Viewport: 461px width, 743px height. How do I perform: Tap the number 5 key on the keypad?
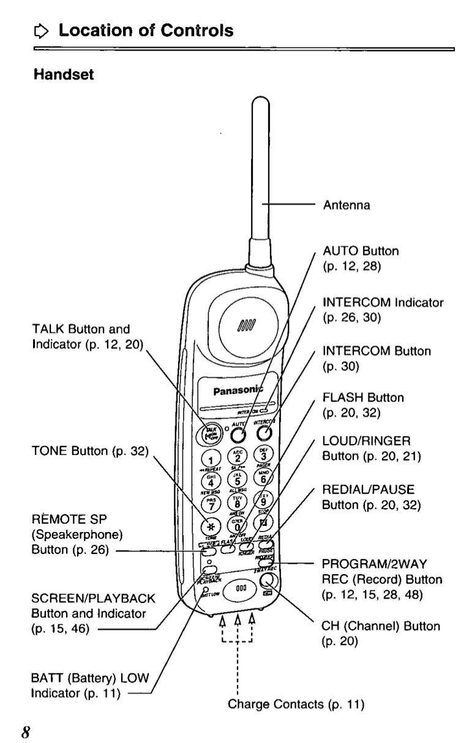pos(238,481)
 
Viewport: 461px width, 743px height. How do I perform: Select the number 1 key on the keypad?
pos(211,460)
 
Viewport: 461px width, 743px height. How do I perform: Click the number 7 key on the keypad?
pos(211,506)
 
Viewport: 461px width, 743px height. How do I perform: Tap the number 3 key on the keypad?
pos(263,456)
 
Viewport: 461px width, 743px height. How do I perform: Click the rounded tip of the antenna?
pos(261,103)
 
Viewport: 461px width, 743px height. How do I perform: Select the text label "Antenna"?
pos(347,205)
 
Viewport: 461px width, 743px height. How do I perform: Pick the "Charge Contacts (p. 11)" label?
pos(296,704)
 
